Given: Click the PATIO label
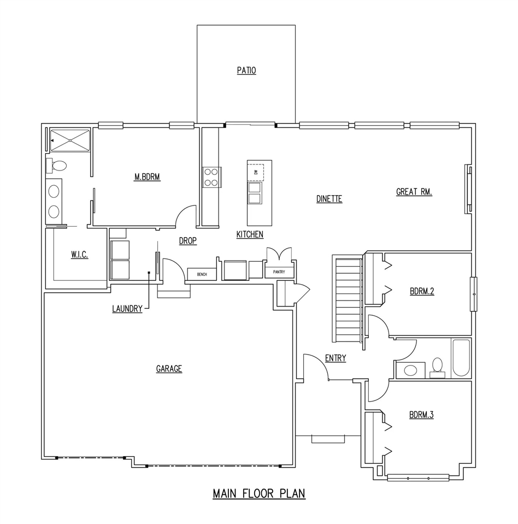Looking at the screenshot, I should tap(246, 70).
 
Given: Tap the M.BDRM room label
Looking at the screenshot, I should tap(146, 176).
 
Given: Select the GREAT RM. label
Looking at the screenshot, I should tap(414, 192).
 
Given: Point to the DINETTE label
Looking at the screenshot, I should tap(329, 199).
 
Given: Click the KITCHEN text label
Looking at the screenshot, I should tap(250, 234).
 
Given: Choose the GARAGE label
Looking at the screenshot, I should tap(169, 369).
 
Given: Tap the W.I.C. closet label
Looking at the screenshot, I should tap(79, 255).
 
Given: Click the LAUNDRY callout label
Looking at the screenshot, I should tap(127, 309).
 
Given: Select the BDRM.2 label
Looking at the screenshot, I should tap(421, 292).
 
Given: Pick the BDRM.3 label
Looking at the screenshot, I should tap(421, 415).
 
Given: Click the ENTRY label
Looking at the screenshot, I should tap(335, 358).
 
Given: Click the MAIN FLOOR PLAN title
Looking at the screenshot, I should tap(258, 494).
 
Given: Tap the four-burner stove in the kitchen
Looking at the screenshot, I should tap(211, 177).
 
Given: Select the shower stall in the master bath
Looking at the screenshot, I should tap(70, 140).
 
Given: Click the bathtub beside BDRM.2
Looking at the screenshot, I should tap(461, 358).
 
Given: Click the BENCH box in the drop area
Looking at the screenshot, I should tap(202, 274).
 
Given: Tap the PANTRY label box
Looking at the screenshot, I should tap(279, 272).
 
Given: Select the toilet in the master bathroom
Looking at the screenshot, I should tap(57, 164).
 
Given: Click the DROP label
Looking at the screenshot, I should tap(187, 241).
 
